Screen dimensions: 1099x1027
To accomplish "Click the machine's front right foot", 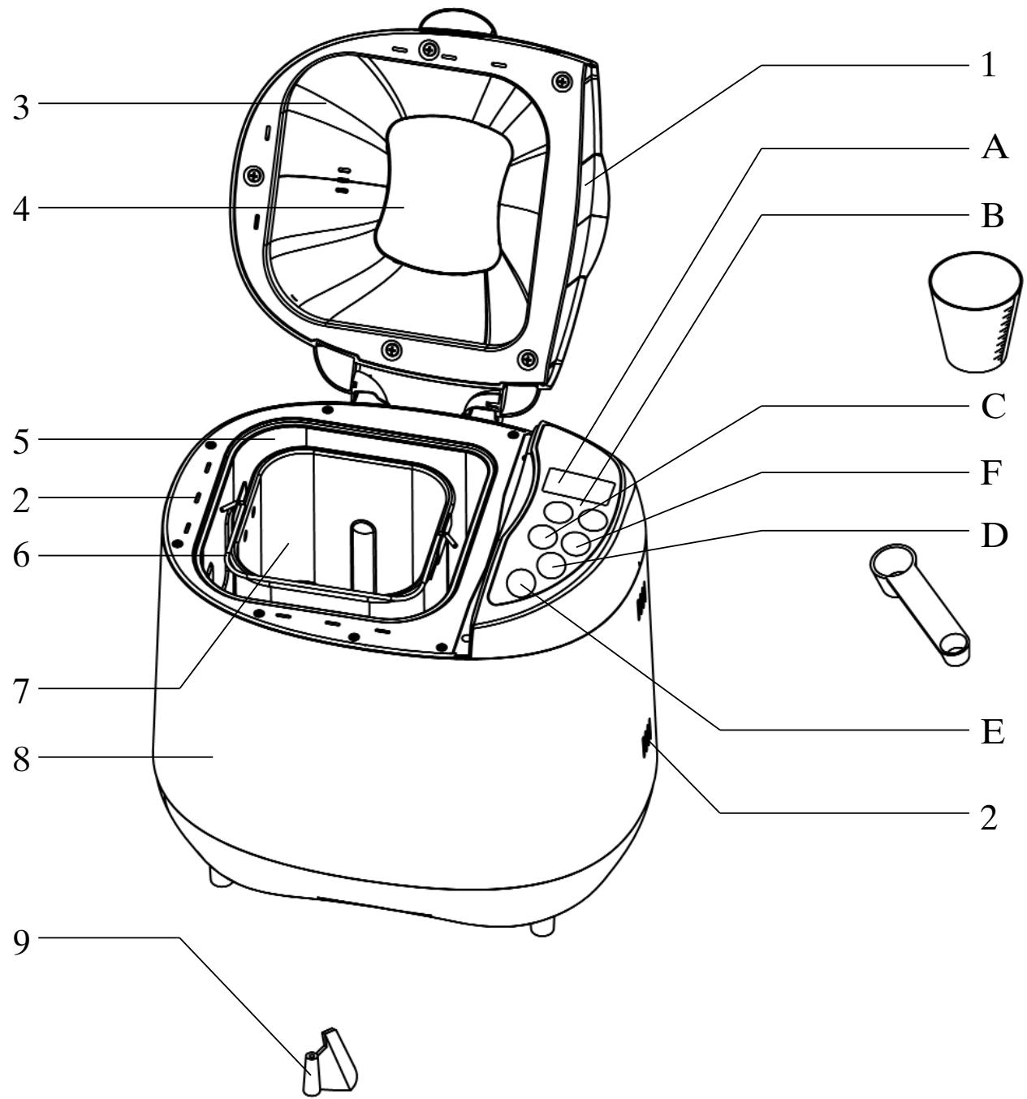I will (542, 926).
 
